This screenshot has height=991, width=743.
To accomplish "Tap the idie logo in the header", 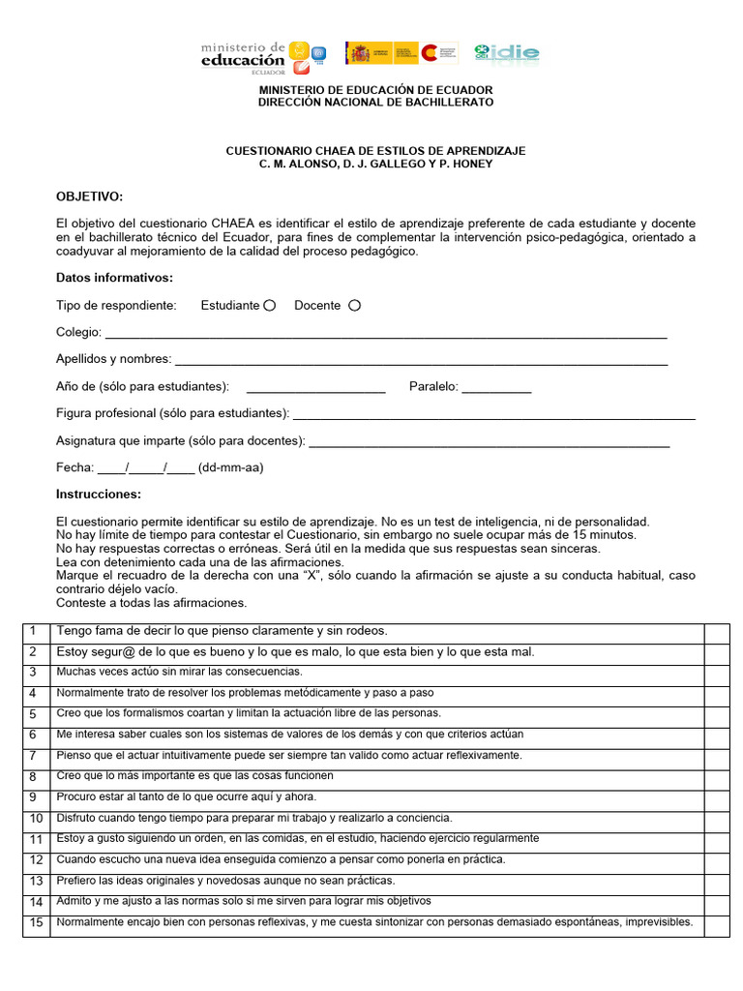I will click(x=507, y=53).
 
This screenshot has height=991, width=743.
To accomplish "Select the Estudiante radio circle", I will click(x=270, y=305).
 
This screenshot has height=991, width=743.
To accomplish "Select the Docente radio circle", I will click(x=354, y=305).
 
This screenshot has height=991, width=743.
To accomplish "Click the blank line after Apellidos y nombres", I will click(x=421, y=361).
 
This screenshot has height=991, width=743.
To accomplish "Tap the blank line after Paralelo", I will click(x=496, y=388).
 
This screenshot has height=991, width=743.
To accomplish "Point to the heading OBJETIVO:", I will click(x=90, y=196).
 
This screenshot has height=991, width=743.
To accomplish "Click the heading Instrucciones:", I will click(x=99, y=495).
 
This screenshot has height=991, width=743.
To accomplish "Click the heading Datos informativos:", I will click(x=114, y=278).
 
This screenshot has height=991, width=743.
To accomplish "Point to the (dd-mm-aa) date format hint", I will click(x=230, y=467).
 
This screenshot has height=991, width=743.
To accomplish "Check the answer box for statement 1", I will click(x=716, y=632).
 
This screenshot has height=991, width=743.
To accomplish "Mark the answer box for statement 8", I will click(x=716, y=776).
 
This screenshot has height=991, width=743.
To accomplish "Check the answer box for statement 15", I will click(x=716, y=924).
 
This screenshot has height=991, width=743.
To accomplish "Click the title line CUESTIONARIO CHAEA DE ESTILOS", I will click(x=375, y=151).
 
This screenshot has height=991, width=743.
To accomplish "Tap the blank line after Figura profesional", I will click(x=493, y=415).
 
